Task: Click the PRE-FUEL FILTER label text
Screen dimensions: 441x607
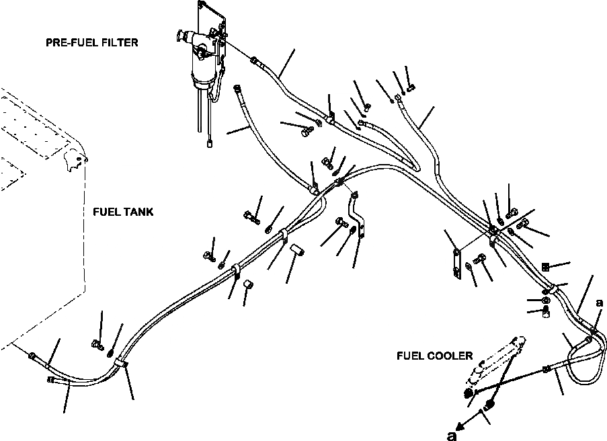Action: click(92, 43)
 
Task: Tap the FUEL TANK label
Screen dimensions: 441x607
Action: click(123, 212)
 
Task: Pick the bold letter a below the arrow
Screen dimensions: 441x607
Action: click(451, 434)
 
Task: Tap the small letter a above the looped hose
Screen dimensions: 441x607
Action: click(599, 303)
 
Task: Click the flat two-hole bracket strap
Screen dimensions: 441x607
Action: click(457, 263)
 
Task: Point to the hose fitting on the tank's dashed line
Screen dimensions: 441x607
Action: click(34, 354)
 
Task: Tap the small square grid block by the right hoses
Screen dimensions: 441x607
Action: click(545, 266)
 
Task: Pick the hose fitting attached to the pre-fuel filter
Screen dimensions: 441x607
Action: click(254, 61)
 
